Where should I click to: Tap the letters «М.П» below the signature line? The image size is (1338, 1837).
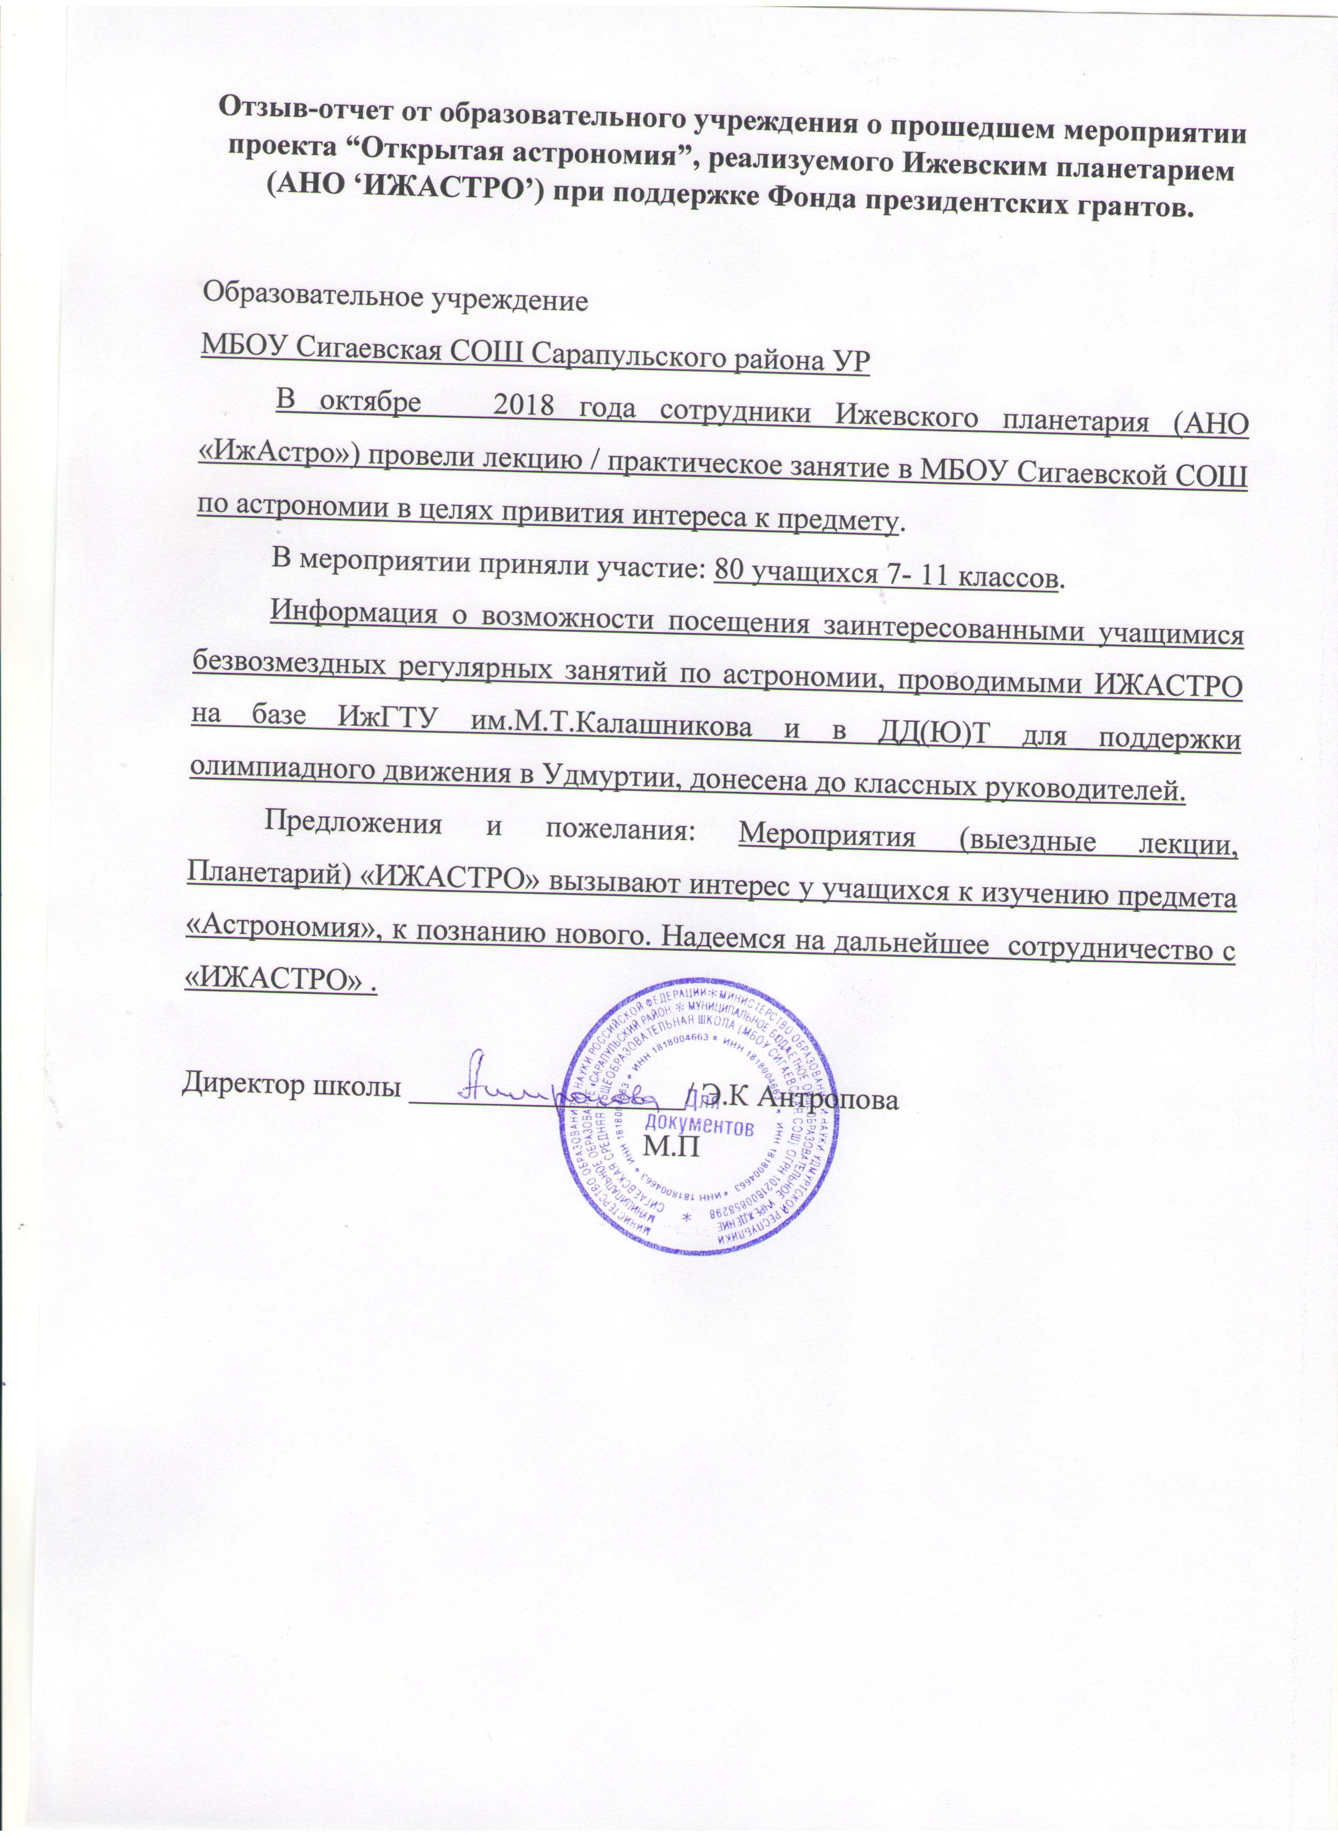click(670, 1147)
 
